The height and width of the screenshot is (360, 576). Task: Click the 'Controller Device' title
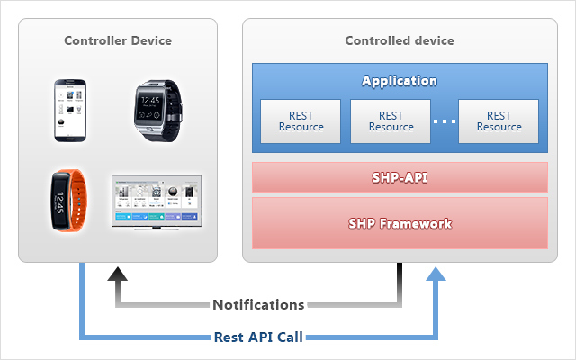tap(118, 40)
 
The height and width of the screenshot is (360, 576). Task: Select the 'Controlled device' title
tap(400, 40)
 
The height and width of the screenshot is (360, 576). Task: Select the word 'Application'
tap(400, 81)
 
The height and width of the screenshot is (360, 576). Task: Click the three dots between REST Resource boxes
tap(445, 121)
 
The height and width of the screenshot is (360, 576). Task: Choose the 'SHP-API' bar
tap(400, 177)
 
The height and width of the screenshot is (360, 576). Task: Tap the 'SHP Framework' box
tap(400, 223)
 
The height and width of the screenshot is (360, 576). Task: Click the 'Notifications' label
tap(258, 305)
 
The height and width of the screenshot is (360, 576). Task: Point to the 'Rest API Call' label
tap(258, 337)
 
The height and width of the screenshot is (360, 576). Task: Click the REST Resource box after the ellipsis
tap(499, 121)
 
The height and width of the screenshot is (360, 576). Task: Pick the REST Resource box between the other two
tap(391, 121)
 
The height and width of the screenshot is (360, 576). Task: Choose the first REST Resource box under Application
tap(301, 121)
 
